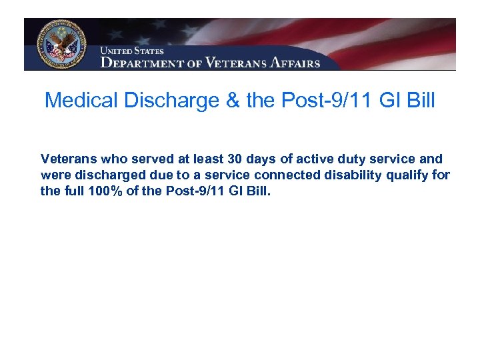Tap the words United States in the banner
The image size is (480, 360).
(x=131, y=51)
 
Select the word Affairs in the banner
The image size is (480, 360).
(x=296, y=63)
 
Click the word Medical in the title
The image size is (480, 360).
(x=78, y=101)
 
